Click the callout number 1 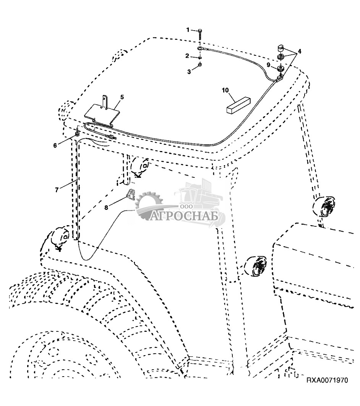coord(188,30)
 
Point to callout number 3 coord(189,72)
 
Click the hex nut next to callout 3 coord(200,65)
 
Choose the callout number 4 coord(300,51)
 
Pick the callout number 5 coord(122,97)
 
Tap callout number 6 coord(55,146)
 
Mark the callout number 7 coord(57,190)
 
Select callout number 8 coord(106,208)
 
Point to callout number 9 coord(269,65)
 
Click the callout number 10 coord(225,90)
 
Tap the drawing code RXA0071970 coord(327,380)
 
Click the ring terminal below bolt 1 coord(200,49)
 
